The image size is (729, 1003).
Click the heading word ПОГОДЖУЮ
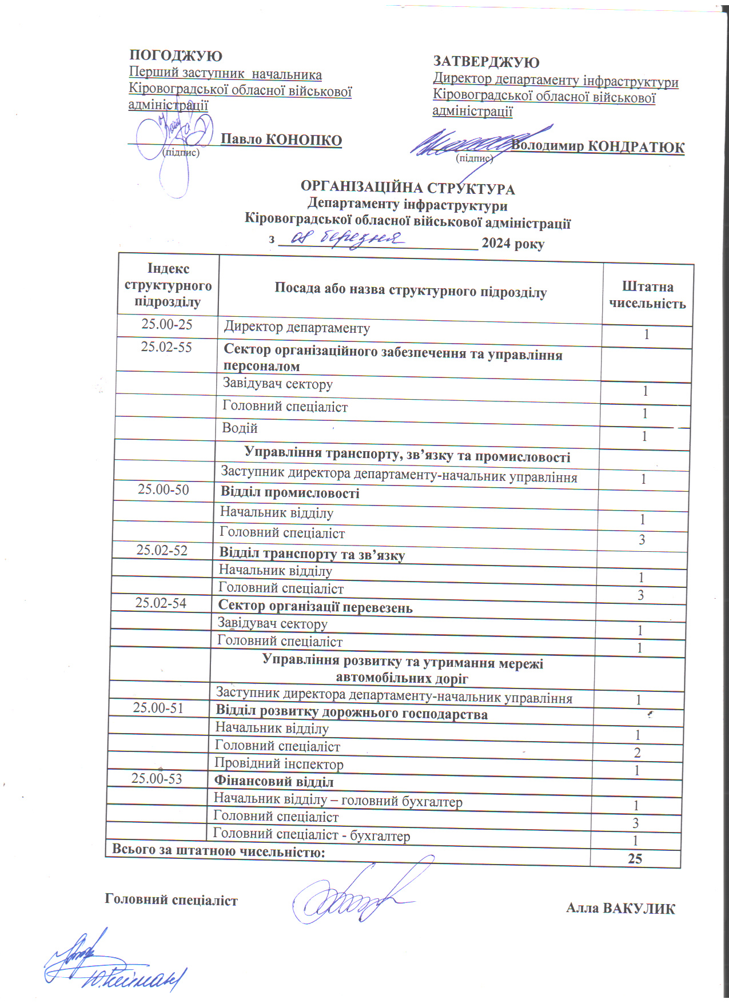point(176,56)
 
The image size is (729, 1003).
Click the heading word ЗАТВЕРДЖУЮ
point(486,62)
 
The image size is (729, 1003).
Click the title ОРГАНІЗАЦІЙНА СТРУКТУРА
point(408,188)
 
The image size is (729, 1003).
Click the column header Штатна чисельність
point(647,295)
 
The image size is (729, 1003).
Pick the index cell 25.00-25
point(167,324)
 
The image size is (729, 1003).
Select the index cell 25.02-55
point(166,347)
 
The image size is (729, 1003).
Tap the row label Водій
point(240,428)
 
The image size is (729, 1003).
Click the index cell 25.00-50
point(163,489)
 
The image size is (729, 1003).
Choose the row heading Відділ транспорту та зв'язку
point(312,554)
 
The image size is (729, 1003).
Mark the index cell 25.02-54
point(161,603)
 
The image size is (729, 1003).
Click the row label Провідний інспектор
point(279,763)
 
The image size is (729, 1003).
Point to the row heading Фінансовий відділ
point(274,781)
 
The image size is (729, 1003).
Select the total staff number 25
point(635,859)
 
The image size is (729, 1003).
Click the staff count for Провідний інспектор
point(637,771)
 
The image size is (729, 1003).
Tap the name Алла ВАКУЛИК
point(620,909)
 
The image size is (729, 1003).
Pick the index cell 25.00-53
point(157,778)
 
